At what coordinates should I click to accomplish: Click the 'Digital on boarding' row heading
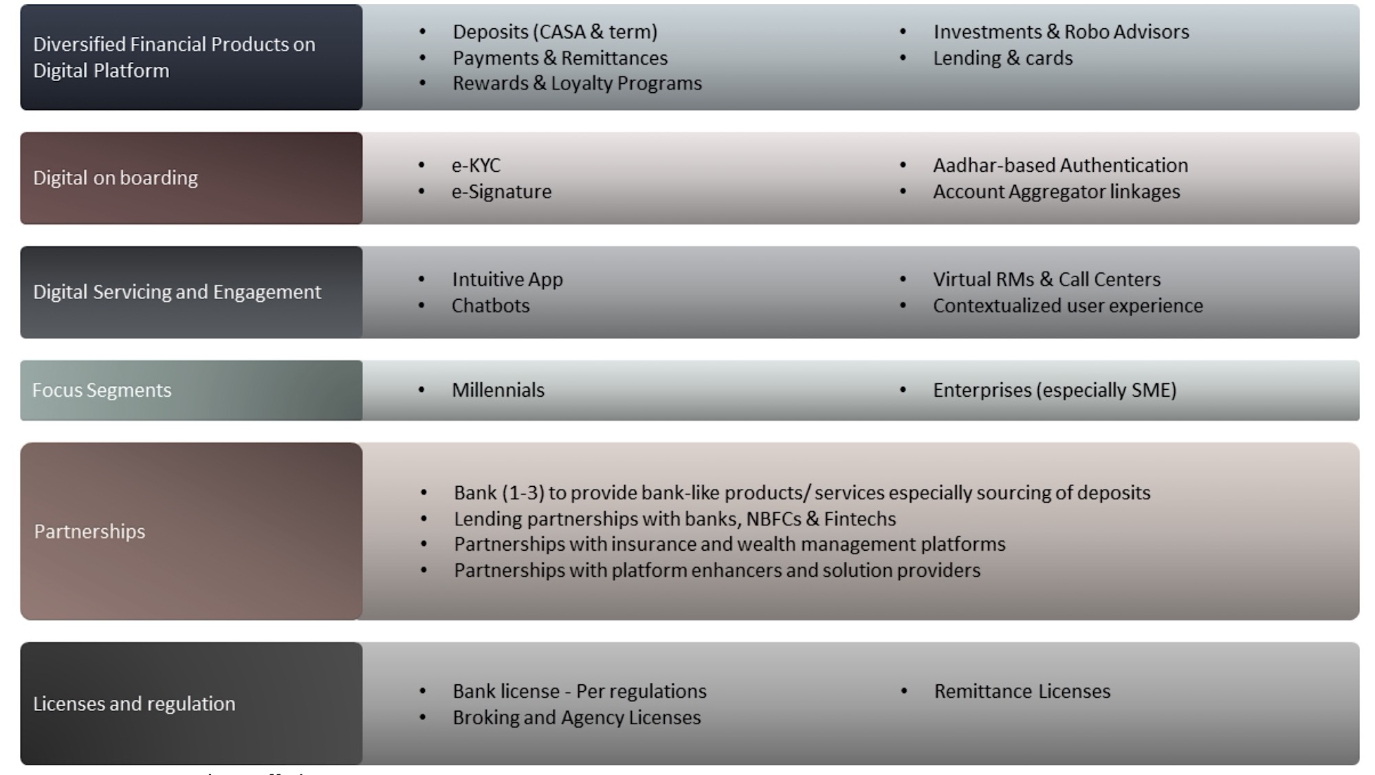(x=115, y=178)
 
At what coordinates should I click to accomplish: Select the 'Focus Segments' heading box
(x=191, y=391)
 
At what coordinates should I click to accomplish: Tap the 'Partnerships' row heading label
(x=89, y=532)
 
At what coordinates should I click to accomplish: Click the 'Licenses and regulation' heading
(x=134, y=703)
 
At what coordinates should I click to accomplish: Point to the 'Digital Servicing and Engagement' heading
(x=177, y=292)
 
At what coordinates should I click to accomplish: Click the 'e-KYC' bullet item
(x=476, y=166)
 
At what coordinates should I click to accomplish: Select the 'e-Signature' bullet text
(x=501, y=192)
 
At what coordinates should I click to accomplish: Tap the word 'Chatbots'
(x=490, y=305)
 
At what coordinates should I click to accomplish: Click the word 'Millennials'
(x=498, y=391)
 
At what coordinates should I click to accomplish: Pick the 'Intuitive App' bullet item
(x=507, y=280)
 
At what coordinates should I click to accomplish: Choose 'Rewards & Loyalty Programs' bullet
(x=577, y=83)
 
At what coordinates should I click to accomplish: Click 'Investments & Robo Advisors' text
(x=1061, y=32)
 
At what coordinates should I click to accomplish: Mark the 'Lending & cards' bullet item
(x=1002, y=58)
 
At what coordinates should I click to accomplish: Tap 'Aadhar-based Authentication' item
(x=1060, y=166)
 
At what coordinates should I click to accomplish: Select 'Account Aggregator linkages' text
(x=1056, y=192)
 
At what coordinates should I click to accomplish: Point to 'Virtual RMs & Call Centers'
(x=1046, y=280)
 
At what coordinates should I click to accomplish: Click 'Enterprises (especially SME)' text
(x=1055, y=391)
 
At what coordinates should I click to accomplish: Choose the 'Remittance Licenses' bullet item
(x=1022, y=692)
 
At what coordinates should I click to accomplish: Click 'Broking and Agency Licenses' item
(x=576, y=718)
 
